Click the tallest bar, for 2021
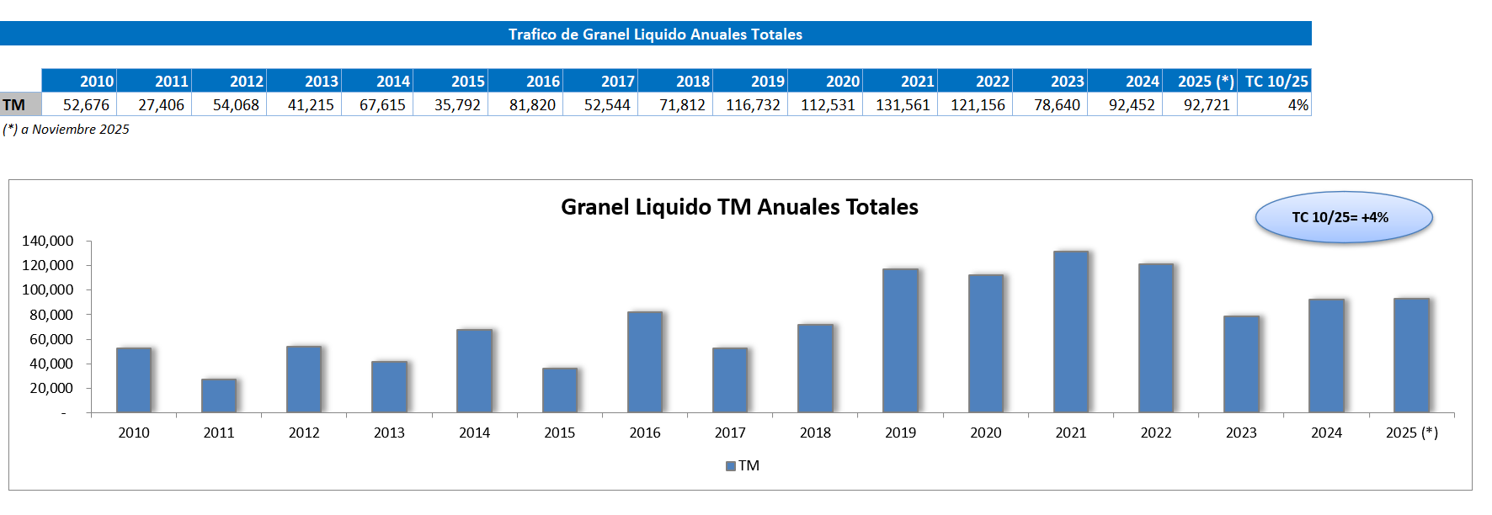[1070, 332]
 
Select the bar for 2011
[219, 396]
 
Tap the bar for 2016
[645, 362]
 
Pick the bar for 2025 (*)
[1411, 355]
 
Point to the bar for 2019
[900, 341]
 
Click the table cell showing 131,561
[903, 105]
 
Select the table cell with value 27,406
[161, 105]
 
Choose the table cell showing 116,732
[753, 105]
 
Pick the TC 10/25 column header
[1276, 82]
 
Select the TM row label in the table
[14, 105]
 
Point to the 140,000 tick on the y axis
[47, 241]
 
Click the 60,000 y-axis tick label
[51, 339]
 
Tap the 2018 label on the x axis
[815, 433]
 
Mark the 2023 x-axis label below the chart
[1241, 433]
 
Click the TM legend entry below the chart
[743, 465]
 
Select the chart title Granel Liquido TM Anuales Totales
[739, 207]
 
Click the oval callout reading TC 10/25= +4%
[1343, 217]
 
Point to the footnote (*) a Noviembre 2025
[67, 129]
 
